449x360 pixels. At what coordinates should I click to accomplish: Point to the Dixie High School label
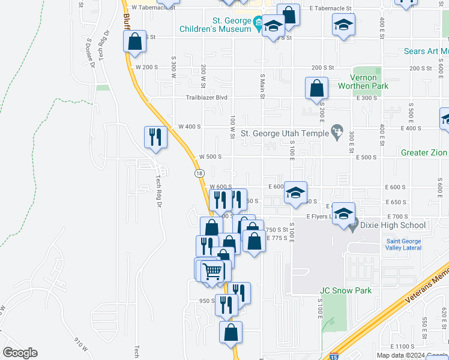pos(393,226)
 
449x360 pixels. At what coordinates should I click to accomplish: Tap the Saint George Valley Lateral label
pos(403,245)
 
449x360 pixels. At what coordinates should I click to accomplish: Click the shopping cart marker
pos(212,271)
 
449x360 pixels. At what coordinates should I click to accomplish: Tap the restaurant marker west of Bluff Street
pos(155,137)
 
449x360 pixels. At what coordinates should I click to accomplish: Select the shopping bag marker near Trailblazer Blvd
pos(316,88)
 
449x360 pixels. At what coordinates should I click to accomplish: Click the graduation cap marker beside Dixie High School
pos(343,214)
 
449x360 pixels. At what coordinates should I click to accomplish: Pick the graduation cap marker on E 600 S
pos(295,193)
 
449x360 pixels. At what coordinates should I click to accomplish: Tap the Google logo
pos(19,353)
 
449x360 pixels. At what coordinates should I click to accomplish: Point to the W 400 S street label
pos(189,127)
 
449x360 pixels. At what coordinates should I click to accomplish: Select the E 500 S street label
pos(366,157)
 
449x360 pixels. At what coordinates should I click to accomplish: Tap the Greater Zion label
pos(424,153)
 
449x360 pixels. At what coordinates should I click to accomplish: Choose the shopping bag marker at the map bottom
pos(231,332)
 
